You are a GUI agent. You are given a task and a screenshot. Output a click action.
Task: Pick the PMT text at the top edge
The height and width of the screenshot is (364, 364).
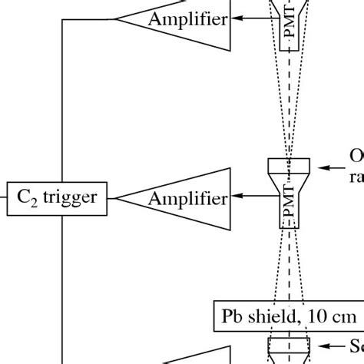coord(290,31)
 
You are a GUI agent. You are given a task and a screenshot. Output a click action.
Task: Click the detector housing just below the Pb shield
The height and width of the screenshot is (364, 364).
coord(289,349)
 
